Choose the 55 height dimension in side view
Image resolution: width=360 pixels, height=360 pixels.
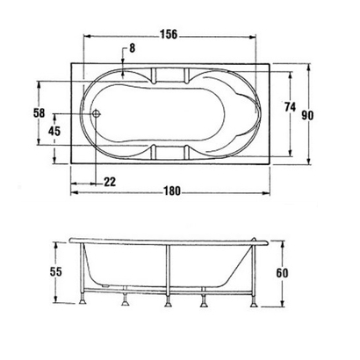(x=55, y=272)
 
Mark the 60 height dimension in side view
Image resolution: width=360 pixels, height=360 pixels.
(x=281, y=273)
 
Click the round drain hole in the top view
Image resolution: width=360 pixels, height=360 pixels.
(x=97, y=112)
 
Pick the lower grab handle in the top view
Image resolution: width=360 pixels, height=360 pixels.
(x=169, y=153)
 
